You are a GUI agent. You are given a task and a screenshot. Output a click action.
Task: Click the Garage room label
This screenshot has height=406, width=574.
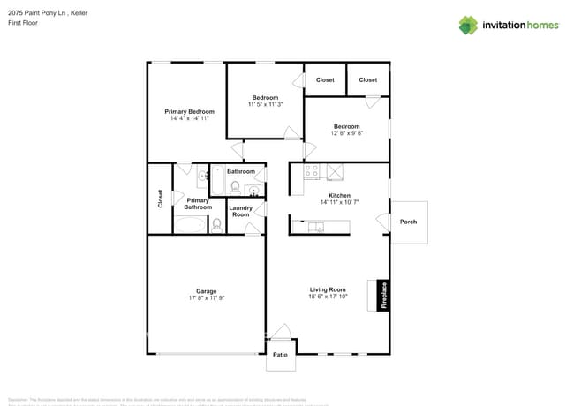coord(206,290)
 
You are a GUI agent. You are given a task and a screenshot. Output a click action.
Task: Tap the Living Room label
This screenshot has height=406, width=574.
coord(328,289)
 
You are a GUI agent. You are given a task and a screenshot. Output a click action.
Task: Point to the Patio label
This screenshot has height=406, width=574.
coord(280,355)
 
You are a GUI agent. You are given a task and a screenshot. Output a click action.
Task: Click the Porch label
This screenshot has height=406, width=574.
coord(408,222)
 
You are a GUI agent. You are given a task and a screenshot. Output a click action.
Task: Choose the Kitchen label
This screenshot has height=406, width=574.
coord(339,195)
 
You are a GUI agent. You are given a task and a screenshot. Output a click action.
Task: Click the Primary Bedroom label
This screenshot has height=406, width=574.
coord(190,111)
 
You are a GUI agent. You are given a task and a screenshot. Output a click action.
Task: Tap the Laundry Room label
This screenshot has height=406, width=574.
coord(241,212)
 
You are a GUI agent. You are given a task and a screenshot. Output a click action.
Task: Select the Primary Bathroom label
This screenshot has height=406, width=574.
coord(198,204)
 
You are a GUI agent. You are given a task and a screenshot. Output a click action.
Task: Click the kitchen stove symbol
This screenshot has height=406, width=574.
coord(311,172)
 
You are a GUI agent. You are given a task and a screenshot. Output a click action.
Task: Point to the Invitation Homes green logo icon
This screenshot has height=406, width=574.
coord(468,25)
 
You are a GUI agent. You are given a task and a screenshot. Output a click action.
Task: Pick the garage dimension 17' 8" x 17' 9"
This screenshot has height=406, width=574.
coord(206,298)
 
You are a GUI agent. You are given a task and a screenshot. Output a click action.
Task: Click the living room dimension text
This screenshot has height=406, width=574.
coord(328,297)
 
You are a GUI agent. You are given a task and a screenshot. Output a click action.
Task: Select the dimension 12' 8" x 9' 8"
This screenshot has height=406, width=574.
coord(346,134)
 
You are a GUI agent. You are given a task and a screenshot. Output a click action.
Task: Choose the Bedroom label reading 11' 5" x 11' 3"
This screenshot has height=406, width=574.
coord(265,105)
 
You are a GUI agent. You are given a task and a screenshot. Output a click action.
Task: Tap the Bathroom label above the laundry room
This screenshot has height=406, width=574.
coord(241,171)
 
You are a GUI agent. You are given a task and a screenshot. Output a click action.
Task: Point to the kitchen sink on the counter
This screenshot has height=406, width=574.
coord(316,227)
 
